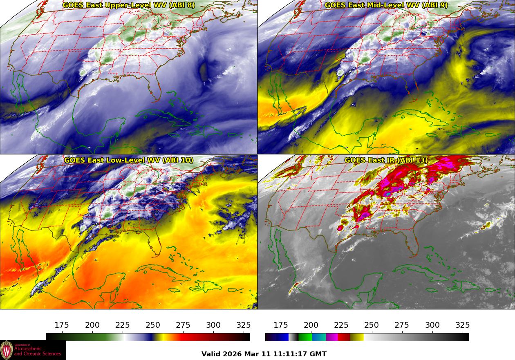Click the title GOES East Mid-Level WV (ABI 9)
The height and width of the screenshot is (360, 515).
pos(386,5)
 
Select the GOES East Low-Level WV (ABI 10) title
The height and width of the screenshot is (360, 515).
pos(129,160)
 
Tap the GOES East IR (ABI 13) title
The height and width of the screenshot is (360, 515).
pos(386,160)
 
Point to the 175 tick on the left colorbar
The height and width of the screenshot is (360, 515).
pos(62,325)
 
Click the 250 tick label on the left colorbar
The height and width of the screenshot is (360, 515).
pos(153,325)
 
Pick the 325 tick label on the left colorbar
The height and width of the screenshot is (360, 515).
pos(244,325)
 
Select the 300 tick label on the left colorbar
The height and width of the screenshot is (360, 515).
pos(213,325)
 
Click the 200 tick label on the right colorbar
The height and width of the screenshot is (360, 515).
pos(311,325)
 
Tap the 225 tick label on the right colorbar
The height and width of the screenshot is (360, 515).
pos(341,325)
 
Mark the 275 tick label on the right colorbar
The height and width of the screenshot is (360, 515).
pos(402,325)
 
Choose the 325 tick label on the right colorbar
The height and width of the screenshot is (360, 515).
pos(463,325)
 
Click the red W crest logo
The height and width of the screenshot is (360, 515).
pos(7,350)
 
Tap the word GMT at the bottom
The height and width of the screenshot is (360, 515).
pos(319,354)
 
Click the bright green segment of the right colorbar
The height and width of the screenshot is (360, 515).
pos(305,337)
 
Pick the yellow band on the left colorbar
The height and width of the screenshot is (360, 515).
pos(159,337)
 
